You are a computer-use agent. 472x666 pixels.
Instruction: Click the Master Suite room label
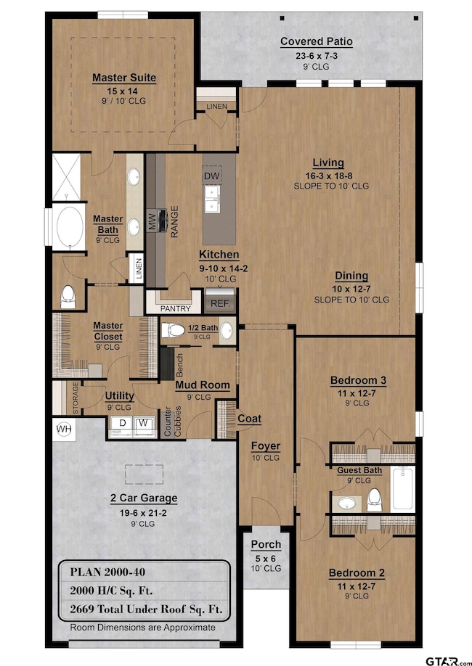[x=124, y=78]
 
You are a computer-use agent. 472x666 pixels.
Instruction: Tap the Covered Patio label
[x=317, y=41]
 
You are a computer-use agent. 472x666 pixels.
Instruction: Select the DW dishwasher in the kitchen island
[x=212, y=176]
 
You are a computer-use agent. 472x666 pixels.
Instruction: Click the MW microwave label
[x=152, y=221]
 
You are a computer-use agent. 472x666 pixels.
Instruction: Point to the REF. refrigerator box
[x=220, y=301]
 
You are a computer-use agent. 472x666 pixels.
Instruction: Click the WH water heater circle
[x=64, y=429]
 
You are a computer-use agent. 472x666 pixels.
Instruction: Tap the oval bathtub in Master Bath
[x=70, y=226]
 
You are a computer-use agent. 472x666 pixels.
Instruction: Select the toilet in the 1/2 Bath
[x=173, y=329]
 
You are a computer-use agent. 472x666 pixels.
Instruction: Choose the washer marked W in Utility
[x=145, y=426]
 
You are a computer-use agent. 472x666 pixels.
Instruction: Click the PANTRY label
[x=175, y=309]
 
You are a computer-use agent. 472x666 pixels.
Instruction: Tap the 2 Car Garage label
[x=144, y=498]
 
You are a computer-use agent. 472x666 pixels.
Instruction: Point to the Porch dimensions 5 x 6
[x=266, y=559]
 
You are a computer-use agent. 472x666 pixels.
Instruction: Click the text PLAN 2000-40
[x=107, y=572]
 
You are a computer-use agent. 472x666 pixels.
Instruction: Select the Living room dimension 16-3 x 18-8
[x=329, y=176]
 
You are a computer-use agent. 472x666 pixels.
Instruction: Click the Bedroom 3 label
[x=359, y=380]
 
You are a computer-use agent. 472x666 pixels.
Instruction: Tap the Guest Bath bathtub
[x=403, y=488]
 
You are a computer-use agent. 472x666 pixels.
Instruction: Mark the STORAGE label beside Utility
[x=76, y=398]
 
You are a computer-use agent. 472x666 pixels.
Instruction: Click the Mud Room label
[x=203, y=385]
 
